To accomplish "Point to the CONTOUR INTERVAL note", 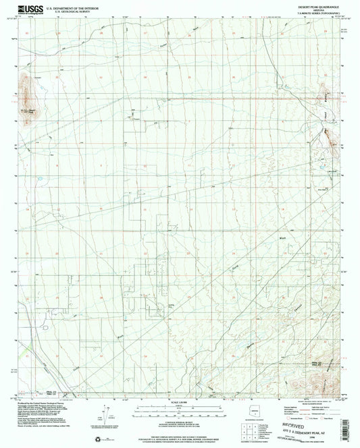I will click(180, 420).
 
